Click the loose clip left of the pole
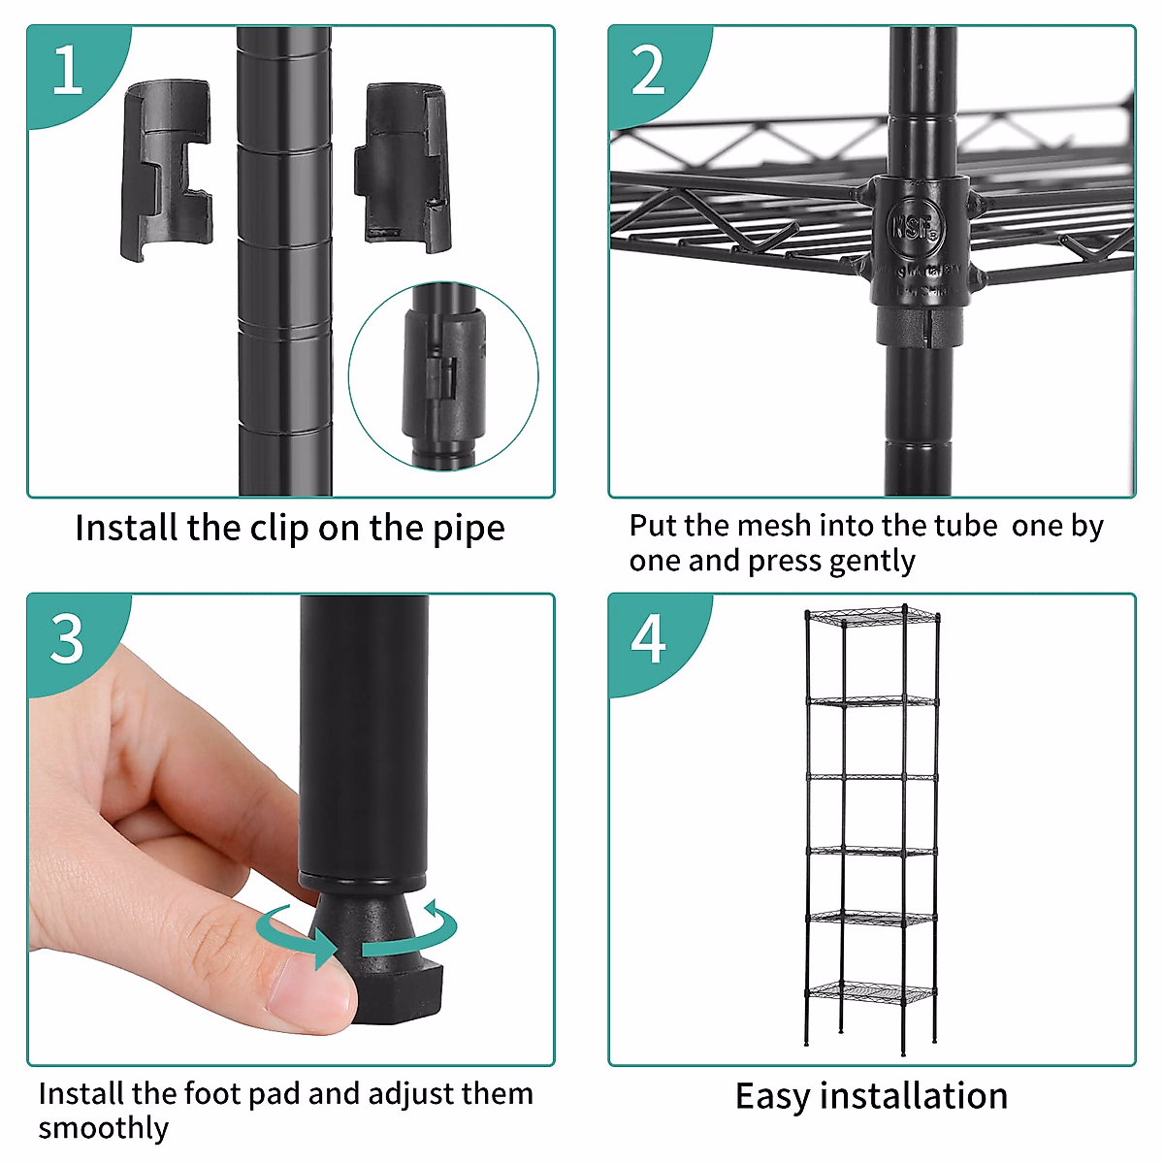(x=167, y=169)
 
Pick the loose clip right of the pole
(x=403, y=167)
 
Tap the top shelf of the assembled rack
(x=872, y=617)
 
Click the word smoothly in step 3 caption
(x=104, y=1128)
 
